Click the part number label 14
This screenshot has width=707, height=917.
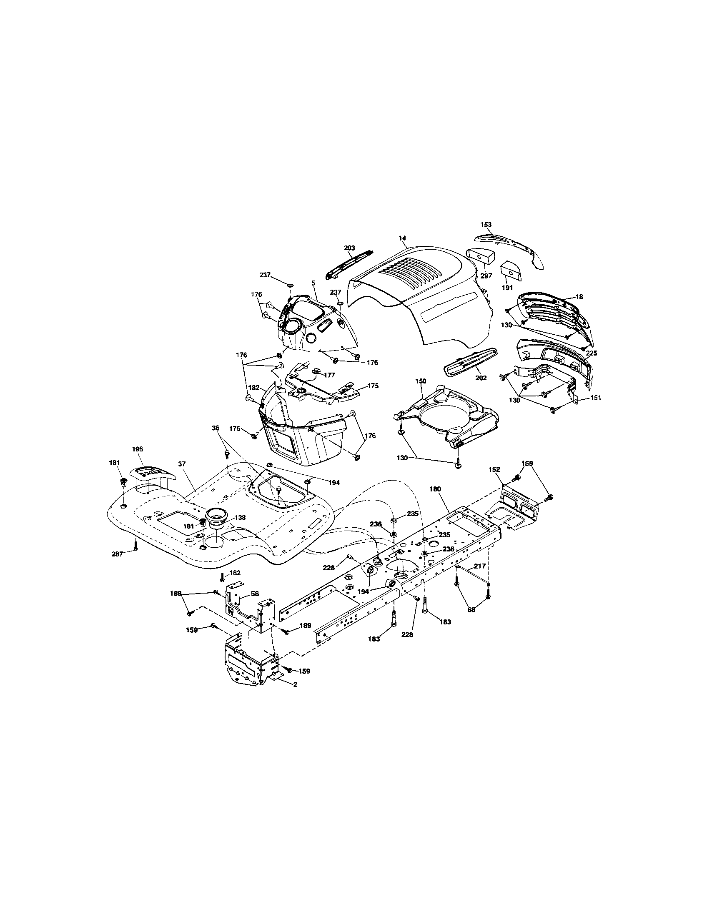click(402, 238)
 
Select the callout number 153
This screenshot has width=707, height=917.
click(486, 225)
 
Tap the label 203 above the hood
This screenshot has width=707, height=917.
click(349, 248)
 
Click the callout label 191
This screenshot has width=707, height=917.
click(507, 288)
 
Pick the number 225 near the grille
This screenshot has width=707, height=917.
click(591, 353)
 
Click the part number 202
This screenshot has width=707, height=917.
click(481, 378)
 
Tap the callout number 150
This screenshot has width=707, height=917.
click(421, 381)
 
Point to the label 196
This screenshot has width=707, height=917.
click(137, 449)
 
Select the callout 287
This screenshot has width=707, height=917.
click(118, 554)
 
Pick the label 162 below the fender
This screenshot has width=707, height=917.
click(235, 573)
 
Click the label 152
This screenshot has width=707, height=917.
click(494, 470)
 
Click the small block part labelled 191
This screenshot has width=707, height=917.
click(511, 273)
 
